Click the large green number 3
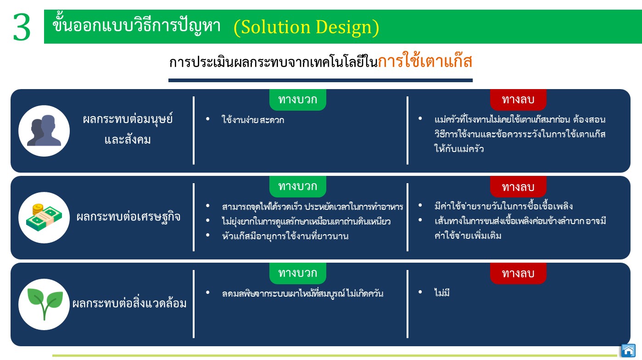click(x=22, y=27)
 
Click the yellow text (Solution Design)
click(x=307, y=27)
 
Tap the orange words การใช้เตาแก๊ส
click(x=425, y=61)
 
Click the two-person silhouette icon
click(x=44, y=130)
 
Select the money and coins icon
click(x=44, y=217)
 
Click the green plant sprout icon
click(x=45, y=304)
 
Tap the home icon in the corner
click(x=628, y=350)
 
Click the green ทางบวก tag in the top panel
click(x=297, y=100)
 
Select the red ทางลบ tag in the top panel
click(x=518, y=100)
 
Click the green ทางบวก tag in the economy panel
click(x=297, y=186)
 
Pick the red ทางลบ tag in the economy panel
click(x=518, y=186)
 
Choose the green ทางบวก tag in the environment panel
click(x=297, y=273)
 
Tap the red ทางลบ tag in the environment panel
click(x=518, y=273)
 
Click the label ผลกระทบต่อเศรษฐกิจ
click(x=128, y=217)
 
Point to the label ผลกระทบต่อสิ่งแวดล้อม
click(x=129, y=303)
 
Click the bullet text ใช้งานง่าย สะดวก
click(x=253, y=120)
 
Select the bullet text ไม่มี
click(x=441, y=292)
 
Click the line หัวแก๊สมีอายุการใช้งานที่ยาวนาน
click(x=285, y=236)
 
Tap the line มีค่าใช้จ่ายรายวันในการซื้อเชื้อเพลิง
click(x=503, y=206)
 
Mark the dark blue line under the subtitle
click(x=320, y=80)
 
